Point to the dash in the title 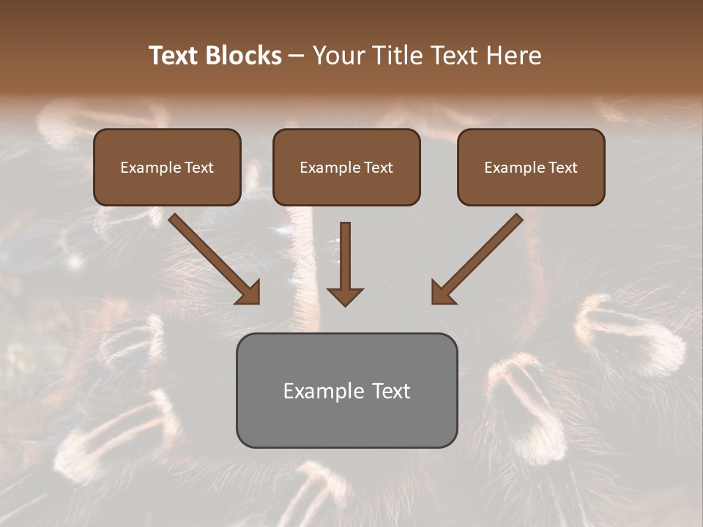297,56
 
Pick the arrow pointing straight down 345,263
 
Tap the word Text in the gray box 392,391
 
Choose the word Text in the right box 562,168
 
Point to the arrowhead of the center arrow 345,296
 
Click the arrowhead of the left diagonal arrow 249,293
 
